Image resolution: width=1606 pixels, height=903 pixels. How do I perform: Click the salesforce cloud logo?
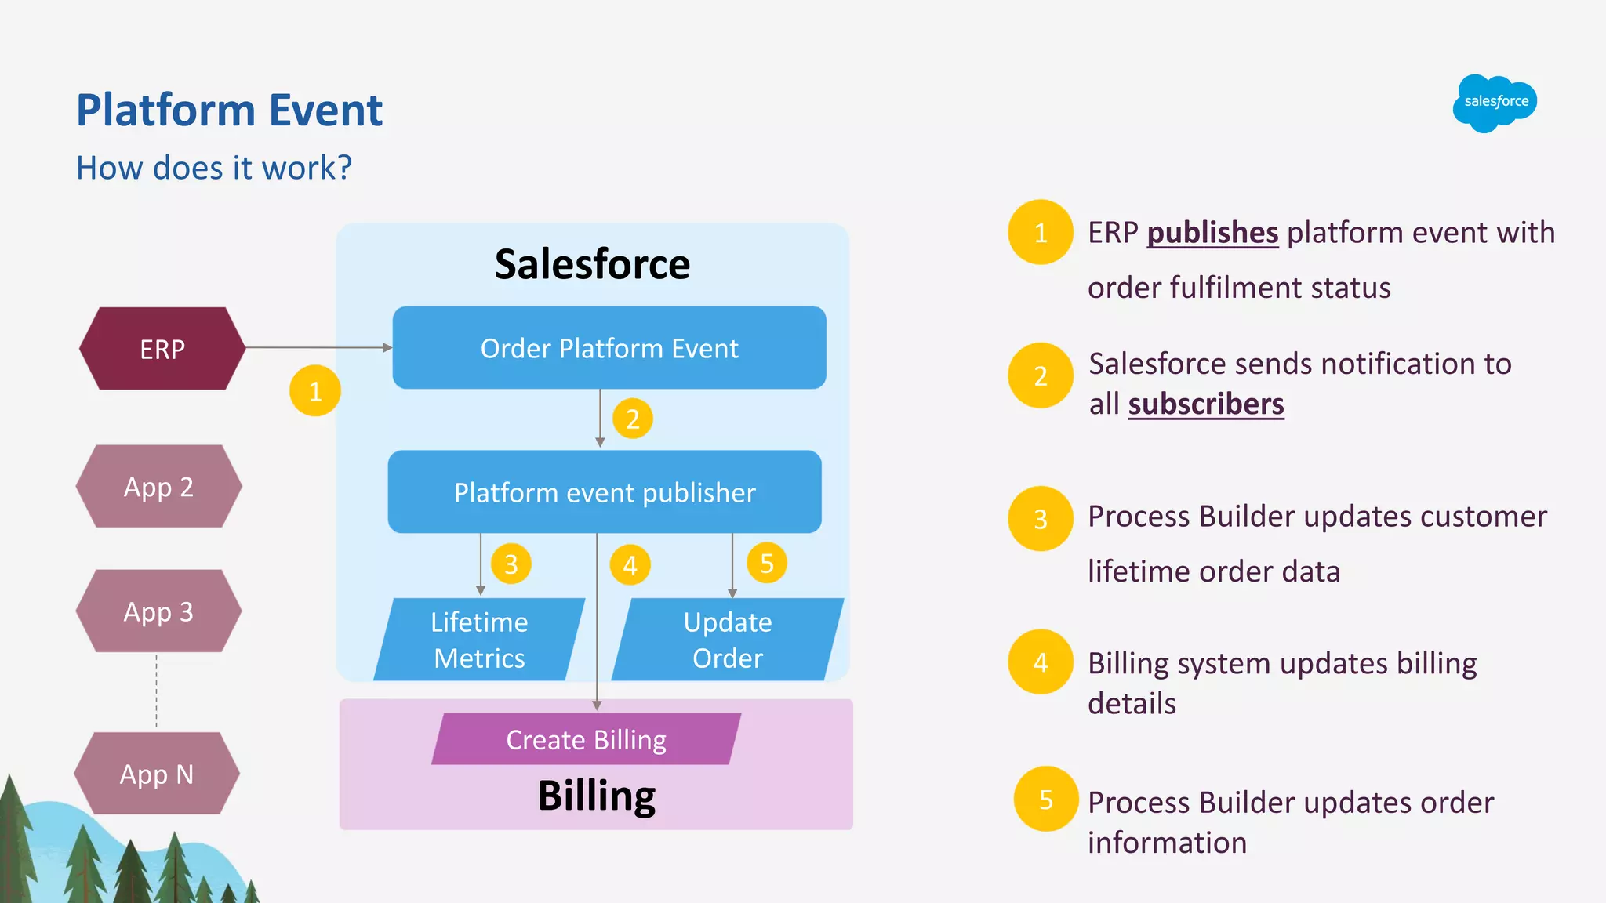pyautogui.click(x=1495, y=103)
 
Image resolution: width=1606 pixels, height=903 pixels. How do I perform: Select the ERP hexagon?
pyautogui.click(x=162, y=349)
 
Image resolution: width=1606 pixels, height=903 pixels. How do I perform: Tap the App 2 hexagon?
pyautogui.click(x=158, y=487)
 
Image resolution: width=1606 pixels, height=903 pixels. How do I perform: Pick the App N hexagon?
pyautogui.click(x=157, y=774)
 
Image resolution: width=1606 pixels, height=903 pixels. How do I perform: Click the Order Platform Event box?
pyautogui.click(x=609, y=348)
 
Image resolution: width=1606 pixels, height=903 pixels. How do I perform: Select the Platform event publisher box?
pyautogui.click(x=605, y=492)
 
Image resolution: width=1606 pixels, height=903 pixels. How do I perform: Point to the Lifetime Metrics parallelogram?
pyautogui.click(x=479, y=640)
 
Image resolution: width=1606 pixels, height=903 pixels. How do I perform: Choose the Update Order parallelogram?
pyautogui.click(x=727, y=640)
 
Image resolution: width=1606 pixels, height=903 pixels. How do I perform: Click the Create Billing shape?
pyautogui.click(x=586, y=739)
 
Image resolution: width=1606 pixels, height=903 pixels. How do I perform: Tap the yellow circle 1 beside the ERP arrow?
pyautogui.click(x=315, y=390)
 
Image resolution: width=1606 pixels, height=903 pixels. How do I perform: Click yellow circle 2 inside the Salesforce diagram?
pyautogui.click(x=633, y=419)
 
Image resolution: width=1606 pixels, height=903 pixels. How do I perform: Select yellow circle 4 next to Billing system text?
pyautogui.click(x=1041, y=662)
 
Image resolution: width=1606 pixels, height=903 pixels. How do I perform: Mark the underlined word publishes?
pyautogui.click(x=1212, y=233)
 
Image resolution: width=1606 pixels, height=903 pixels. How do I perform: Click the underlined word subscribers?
pyautogui.click(x=1206, y=404)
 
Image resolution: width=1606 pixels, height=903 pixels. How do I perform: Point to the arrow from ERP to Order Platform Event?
pyautogui.click(x=318, y=347)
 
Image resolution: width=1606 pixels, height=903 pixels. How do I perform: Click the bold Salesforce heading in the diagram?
pyautogui.click(x=592, y=264)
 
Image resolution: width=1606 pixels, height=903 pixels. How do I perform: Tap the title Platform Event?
pyautogui.click(x=229, y=110)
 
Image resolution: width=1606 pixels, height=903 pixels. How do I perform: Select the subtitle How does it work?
pyautogui.click(x=214, y=168)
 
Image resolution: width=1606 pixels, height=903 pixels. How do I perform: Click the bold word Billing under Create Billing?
pyautogui.click(x=596, y=796)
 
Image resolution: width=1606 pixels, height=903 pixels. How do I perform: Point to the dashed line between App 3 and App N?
pyautogui.click(x=157, y=691)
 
